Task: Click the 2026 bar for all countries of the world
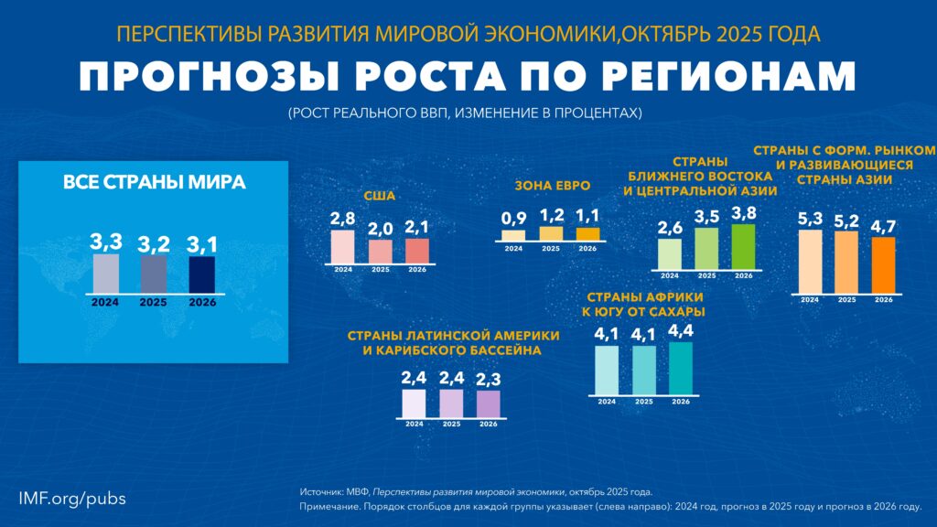click(201, 274)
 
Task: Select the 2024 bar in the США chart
click(342, 247)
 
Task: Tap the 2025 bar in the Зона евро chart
click(551, 233)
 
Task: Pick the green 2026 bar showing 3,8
click(743, 246)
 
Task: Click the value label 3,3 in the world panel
click(106, 242)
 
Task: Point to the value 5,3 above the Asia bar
click(810, 219)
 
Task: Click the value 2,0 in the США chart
click(380, 229)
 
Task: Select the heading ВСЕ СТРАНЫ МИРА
click(154, 182)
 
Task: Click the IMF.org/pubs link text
click(72, 498)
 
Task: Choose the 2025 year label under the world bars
click(154, 301)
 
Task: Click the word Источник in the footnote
click(321, 491)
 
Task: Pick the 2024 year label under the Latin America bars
click(414, 425)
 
